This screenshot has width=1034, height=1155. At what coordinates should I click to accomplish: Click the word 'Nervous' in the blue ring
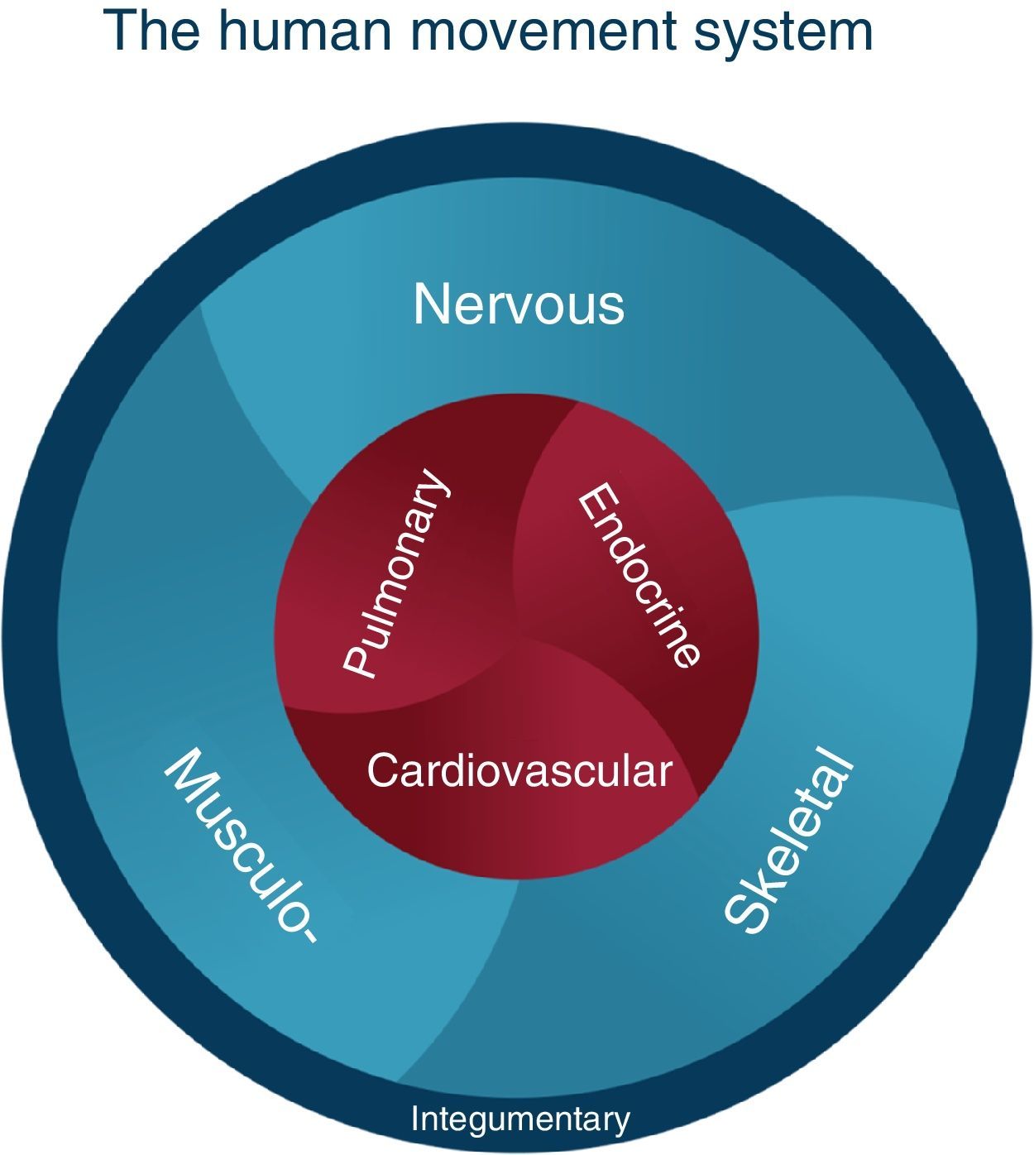click(519, 304)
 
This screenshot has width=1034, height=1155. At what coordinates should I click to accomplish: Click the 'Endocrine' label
click(638, 577)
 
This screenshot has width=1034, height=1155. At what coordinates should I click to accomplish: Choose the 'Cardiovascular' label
click(519, 770)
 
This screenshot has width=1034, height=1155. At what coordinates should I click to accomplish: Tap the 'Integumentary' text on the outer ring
click(520, 1119)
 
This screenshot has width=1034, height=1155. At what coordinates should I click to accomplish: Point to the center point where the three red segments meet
click(521, 638)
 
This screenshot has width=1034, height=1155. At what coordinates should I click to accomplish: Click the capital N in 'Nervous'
click(431, 304)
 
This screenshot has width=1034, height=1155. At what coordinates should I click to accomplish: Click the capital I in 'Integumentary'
click(414, 1119)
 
